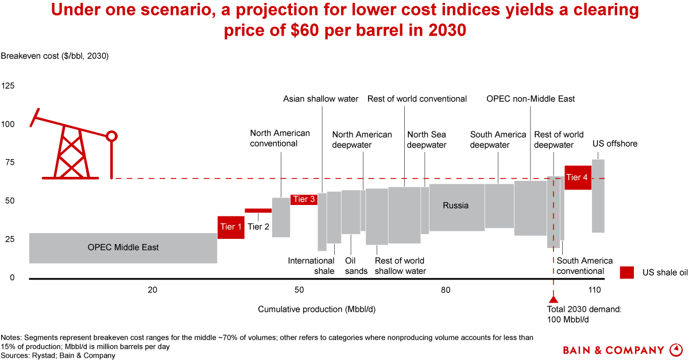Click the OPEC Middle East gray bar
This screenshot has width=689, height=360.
coord(123,248)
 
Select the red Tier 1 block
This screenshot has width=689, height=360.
coord(231,227)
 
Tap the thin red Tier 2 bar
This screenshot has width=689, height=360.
coord(258,211)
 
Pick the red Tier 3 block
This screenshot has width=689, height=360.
coord(304,200)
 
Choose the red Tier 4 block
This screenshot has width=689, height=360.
coord(577,177)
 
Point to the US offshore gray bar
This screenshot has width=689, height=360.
coord(598,196)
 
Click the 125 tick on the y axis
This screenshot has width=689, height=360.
coord(9,86)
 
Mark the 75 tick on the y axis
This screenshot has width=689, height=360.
coord(9,162)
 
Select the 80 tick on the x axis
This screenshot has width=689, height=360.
coord(446,290)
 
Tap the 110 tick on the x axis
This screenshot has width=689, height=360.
coord(594,290)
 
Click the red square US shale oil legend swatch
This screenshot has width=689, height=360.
coord(626,273)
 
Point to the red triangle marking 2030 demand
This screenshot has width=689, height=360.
coord(553,299)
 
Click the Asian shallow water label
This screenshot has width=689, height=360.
coord(321,99)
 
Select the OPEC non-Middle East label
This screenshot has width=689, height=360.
coord(531,99)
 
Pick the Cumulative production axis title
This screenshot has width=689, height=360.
coord(320,309)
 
